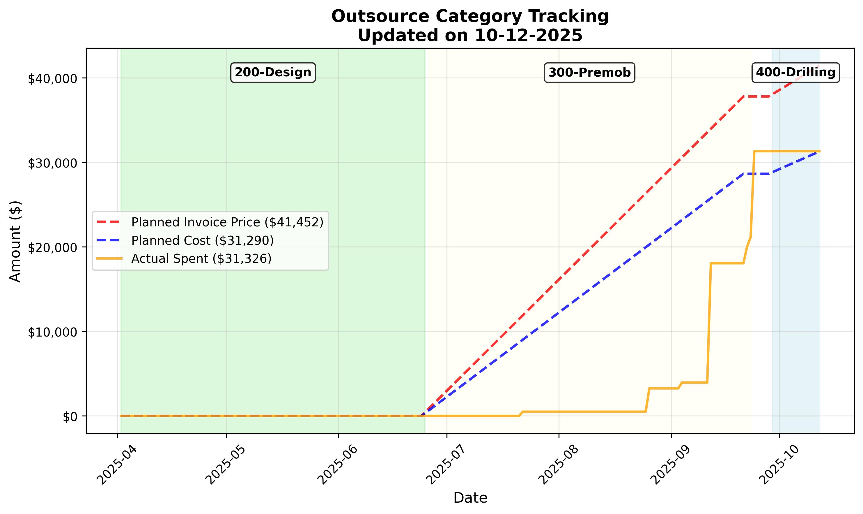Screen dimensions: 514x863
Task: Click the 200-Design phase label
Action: (x=273, y=73)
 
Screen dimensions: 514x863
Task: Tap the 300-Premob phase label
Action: (x=589, y=73)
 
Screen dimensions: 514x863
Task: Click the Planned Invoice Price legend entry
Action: (x=227, y=222)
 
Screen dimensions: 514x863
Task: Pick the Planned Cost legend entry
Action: (x=202, y=240)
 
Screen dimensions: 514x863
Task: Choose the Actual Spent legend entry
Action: (x=201, y=259)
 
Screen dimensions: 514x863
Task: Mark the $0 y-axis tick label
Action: (x=70, y=417)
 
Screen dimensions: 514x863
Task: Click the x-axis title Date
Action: (x=470, y=498)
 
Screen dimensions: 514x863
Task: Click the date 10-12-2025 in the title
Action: (x=529, y=35)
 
